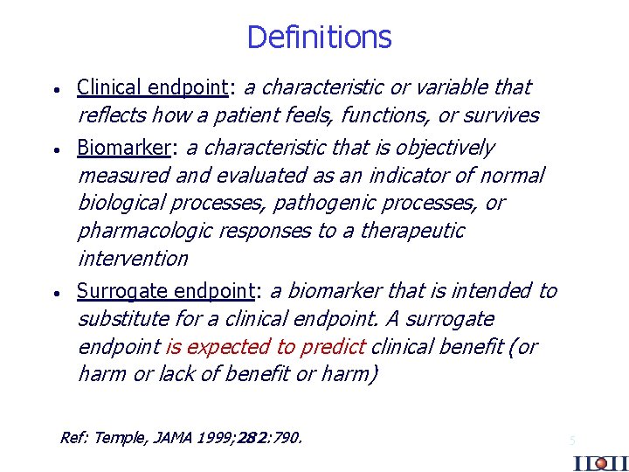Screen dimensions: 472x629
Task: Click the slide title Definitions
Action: [319, 38]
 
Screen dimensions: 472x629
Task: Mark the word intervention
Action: [133, 260]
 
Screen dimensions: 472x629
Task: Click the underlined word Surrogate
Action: [122, 291]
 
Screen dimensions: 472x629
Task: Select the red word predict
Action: [332, 347]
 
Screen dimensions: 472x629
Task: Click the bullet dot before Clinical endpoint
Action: [55, 90]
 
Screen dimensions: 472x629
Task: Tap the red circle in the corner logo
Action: [600, 463]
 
